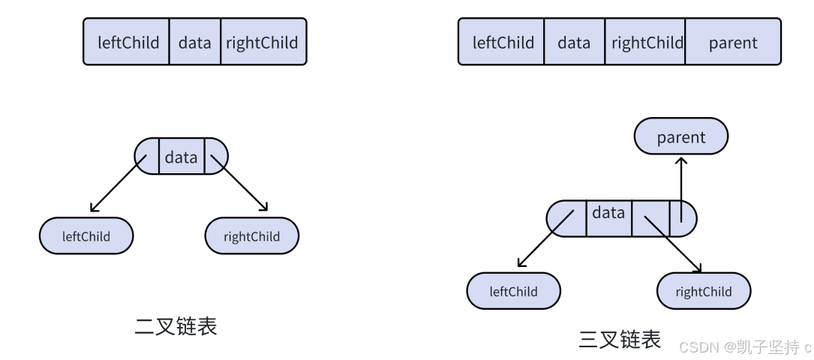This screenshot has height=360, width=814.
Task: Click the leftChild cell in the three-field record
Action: click(x=126, y=41)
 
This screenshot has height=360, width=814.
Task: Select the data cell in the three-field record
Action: click(x=194, y=41)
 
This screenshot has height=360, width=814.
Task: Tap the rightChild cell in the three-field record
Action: click(x=264, y=41)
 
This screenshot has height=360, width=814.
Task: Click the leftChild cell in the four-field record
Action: click(x=501, y=41)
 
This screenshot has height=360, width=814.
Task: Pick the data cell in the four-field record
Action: click(x=574, y=41)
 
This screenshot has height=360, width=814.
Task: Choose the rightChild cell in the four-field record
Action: click(x=644, y=41)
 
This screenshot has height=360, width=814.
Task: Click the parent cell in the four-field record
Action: click(x=733, y=41)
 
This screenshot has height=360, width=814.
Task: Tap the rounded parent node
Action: click(x=681, y=136)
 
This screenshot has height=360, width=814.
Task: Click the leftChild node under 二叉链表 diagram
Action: click(x=86, y=236)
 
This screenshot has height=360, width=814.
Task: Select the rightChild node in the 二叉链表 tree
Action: click(x=252, y=236)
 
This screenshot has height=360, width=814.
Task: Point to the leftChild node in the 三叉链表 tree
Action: click(x=513, y=291)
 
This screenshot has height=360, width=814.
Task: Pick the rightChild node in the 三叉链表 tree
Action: click(x=704, y=291)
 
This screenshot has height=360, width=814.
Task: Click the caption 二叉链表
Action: click(x=176, y=326)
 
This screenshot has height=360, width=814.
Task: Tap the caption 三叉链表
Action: click(x=620, y=339)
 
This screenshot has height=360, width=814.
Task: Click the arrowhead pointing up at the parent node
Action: click(x=681, y=160)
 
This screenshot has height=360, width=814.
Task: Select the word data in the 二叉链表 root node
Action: click(x=181, y=157)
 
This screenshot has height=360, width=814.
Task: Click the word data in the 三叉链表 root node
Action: click(x=608, y=212)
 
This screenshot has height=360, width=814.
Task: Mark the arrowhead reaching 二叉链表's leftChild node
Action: click(x=94, y=208)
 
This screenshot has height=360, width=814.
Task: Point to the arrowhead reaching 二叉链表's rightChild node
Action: click(x=263, y=206)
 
